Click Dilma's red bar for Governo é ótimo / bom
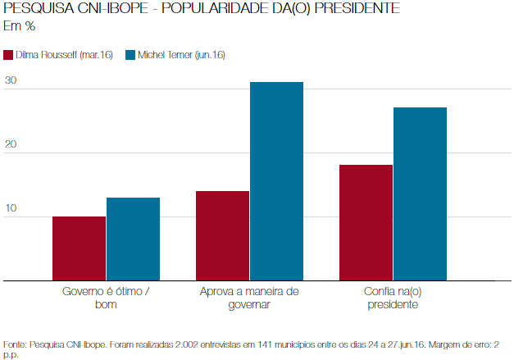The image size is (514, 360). [x=79, y=248]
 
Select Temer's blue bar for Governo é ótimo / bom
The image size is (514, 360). [x=133, y=239]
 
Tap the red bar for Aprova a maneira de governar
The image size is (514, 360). [x=222, y=235]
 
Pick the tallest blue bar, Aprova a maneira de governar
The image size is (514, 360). [x=276, y=181]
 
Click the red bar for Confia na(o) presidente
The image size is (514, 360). [x=366, y=222]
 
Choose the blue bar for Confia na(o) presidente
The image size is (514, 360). [x=420, y=194]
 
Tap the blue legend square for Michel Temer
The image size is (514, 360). [x=130, y=55]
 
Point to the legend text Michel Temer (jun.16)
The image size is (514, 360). [x=181, y=55]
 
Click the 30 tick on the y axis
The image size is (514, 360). [x=11, y=80]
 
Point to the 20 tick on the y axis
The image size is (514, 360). [x=11, y=144]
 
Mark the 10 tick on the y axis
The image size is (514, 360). [x=11, y=208]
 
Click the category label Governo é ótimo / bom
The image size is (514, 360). [x=106, y=298]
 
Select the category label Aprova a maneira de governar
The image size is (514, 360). [x=249, y=298]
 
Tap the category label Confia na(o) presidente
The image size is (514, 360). [x=393, y=298]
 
